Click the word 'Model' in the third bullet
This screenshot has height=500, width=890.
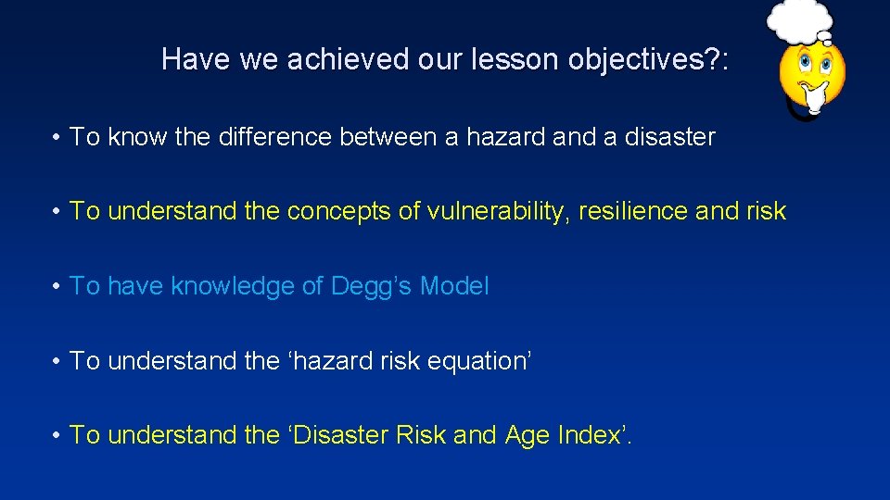(453, 286)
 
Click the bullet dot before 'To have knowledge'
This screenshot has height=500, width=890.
(57, 287)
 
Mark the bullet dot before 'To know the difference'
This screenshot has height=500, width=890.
(57, 138)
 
